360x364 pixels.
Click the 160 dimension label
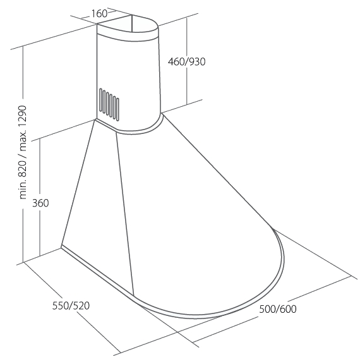click(x=99, y=14)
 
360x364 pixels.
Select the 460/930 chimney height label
click(x=186, y=62)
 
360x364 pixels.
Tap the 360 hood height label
click(x=40, y=203)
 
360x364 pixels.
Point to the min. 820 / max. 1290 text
click(x=23, y=152)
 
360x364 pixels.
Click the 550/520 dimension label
click(x=71, y=305)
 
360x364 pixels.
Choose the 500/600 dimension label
click(x=278, y=309)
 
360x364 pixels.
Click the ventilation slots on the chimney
click(x=109, y=104)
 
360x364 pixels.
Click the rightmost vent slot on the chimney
click(x=118, y=109)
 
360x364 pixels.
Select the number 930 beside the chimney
click(x=196, y=62)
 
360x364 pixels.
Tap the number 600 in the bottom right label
click(x=287, y=309)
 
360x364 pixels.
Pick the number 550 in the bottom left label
click(x=61, y=305)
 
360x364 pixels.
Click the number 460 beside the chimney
click(x=176, y=62)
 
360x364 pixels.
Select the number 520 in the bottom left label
click(x=81, y=305)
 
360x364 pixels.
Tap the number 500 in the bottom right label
click(x=267, y=309)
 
